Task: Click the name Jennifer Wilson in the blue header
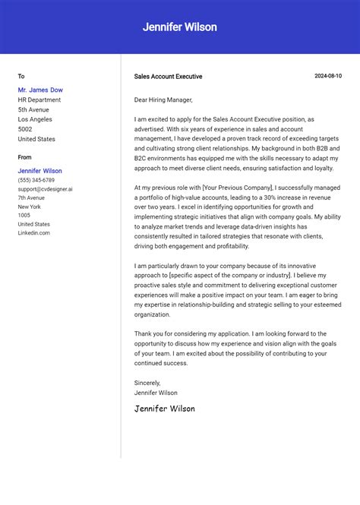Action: point(180,27)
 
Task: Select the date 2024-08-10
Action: point(328,76)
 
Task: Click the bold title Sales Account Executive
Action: point(168,77)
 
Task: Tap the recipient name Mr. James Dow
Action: point(40,90)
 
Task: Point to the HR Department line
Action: point(39,100)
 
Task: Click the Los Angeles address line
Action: point(35,119)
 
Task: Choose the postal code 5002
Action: point(25,129)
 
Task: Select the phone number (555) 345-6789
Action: point(36,180)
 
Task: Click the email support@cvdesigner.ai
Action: point(46,189)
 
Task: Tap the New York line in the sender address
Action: point(30,207)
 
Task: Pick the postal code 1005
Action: point(24,216)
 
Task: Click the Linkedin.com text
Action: point(34,233)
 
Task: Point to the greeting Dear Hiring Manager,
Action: point(163,100)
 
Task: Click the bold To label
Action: point(21,77)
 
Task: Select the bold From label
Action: point(25,157)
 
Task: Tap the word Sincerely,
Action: point(147,383)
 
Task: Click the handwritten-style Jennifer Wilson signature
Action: point(164,409)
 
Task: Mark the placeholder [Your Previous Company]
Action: point(237,187)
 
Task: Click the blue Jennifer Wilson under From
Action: point(40,171)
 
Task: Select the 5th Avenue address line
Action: point(34,110)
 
